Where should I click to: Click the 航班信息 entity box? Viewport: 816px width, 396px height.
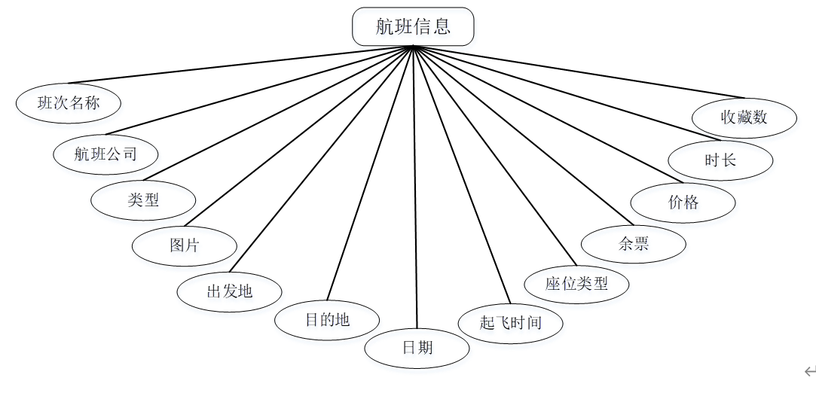pos(413,26)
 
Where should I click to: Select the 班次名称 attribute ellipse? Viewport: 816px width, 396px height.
pos(68,104)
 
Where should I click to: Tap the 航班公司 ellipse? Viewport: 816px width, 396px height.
pos(105,154)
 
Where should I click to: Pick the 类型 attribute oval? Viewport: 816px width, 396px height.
pos(143,200)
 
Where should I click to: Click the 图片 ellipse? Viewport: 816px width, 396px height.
pos(185,245)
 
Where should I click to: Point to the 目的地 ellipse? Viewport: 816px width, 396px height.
pos(327,320)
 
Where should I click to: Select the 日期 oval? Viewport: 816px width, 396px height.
pos(417,348)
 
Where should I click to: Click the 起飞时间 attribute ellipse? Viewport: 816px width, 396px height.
pos(511,324)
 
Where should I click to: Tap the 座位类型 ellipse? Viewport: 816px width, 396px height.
pos(576,284)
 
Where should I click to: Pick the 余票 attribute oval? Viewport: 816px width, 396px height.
pos(634,244)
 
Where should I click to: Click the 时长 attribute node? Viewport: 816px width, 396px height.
pos(720,160)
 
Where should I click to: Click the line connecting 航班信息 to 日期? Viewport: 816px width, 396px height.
pos(415,188)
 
